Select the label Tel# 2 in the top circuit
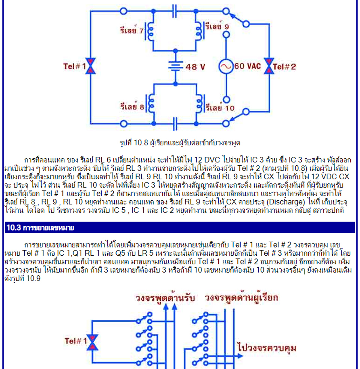click(x=285, y=67)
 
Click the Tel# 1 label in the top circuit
click(x=75, y=66)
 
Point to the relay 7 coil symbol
click(x=150, y=31)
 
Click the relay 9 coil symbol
click(x=199, y=31)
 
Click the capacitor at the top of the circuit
click(x=174, y=11)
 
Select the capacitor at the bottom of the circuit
click(x=175, y=123)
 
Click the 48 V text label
click(x=195, y=67)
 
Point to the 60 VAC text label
click(x=247, y=66)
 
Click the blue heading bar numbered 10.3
click(x=180, y=227)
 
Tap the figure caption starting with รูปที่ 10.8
click(x=180, y=142)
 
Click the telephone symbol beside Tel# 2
click(x=269, y=66)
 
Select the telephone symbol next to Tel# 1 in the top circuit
click(x=91, y=66)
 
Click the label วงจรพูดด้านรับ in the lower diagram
click(x=165, y=298)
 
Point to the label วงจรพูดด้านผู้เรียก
click(x=241, y=298)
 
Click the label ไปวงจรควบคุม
click(x=267, y=348)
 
